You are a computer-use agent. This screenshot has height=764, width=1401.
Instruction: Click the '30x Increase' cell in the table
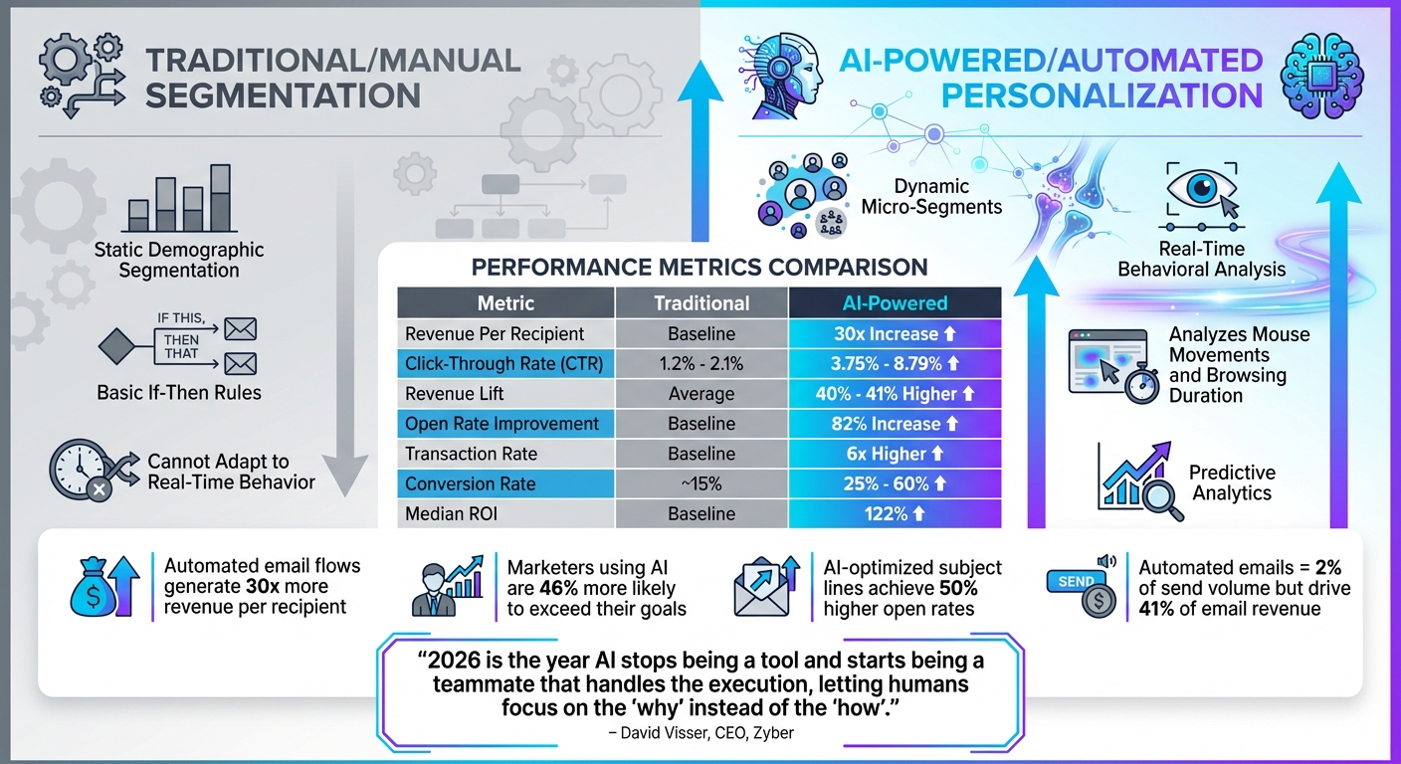[895, 333]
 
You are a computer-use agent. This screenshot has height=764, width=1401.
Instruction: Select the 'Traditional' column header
[701, 303]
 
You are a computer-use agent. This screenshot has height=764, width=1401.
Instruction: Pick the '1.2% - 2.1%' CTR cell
[701, 364]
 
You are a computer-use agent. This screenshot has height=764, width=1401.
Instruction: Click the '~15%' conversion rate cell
[701, 484]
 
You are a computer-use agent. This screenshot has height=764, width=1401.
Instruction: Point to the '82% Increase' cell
[895, 424]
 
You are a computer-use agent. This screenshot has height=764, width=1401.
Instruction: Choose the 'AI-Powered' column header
[895, 303]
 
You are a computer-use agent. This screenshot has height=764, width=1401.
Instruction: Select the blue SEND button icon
[1076, 581]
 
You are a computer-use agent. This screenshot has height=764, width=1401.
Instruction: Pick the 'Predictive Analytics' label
[1232, 483]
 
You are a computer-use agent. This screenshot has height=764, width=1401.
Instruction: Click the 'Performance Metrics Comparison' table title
[699, 267]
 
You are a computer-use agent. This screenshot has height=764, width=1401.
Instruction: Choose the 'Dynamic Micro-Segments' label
[945, 197]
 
